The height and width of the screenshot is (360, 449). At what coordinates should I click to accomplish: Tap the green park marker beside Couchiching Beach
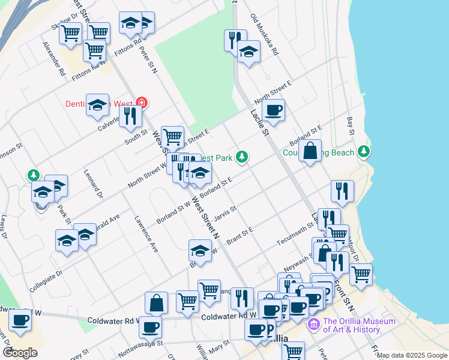[363, 152]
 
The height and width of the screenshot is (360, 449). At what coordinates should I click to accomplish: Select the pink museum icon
[313, 325]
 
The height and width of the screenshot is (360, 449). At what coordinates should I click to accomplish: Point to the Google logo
[20, 352]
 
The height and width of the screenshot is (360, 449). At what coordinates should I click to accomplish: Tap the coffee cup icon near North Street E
[273, 110]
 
